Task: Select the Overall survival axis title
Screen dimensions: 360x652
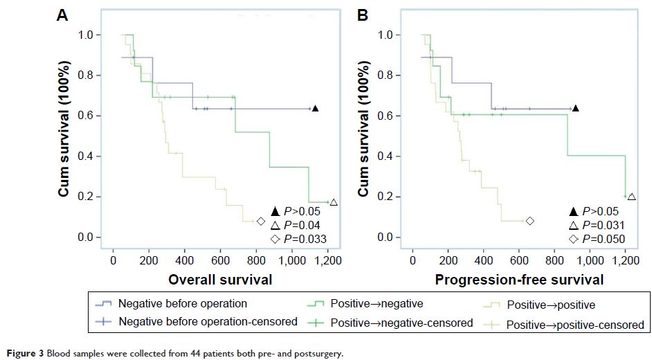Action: pyautogui.click(x=219, y=280)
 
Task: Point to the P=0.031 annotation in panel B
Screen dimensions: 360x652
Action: pyautogui.click(x=602, y=225)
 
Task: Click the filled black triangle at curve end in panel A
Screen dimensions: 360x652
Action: pyautogui.click(x=315, y=108)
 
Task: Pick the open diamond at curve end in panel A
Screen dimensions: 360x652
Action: pyautogui.click(x=261, y=222)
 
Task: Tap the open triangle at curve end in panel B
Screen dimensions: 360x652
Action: pyautogui.click(x=631, y=197)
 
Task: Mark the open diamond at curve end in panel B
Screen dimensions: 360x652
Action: pyautogui.click(x=529, y=221)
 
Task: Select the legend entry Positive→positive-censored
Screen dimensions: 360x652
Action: pyautogui.click(x=574, y=324)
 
